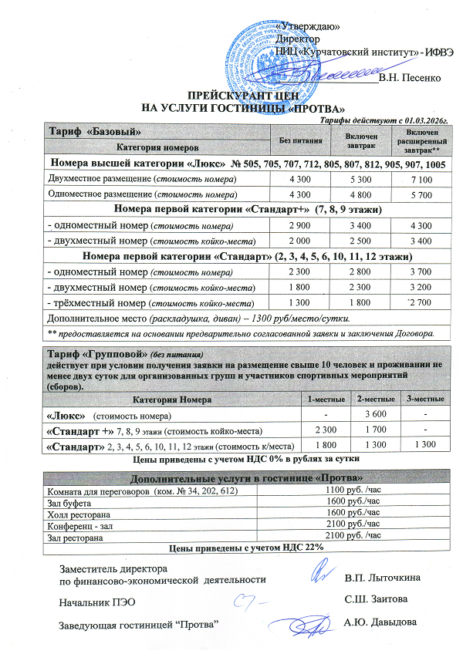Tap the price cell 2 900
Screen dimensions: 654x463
[x=297, y=225]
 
